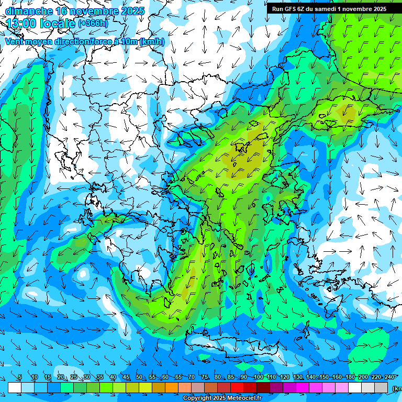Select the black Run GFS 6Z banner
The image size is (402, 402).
point(329,8)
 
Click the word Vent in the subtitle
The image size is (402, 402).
point(16,42)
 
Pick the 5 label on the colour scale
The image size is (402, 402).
point(20,377)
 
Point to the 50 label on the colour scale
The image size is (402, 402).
point(139,377)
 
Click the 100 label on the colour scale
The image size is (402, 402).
point(258,377)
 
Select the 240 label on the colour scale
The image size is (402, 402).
point(389,377)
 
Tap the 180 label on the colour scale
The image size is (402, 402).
point(350,377)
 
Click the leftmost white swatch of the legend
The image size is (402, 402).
point(15,387)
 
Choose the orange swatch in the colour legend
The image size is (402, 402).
point(172,387)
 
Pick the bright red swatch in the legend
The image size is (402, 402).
point(237,387)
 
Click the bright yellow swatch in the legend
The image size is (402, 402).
point(146,387)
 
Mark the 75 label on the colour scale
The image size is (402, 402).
point(205,377)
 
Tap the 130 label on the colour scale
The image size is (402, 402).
point(297,377)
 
